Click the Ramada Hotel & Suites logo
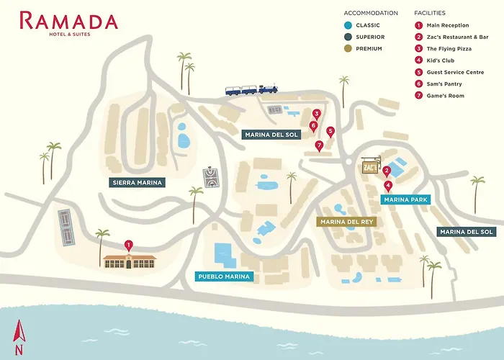tap(68, 22)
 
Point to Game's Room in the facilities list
tap(445, 96)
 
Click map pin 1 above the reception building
tap(129, 245)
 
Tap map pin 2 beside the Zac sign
tap(387, 171)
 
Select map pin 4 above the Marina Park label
tap(389, 185)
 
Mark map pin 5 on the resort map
tap(330, 131)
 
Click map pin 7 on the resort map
tap(319, 145)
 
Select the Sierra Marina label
tap(138, 183)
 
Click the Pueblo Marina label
tap(223, 276)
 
